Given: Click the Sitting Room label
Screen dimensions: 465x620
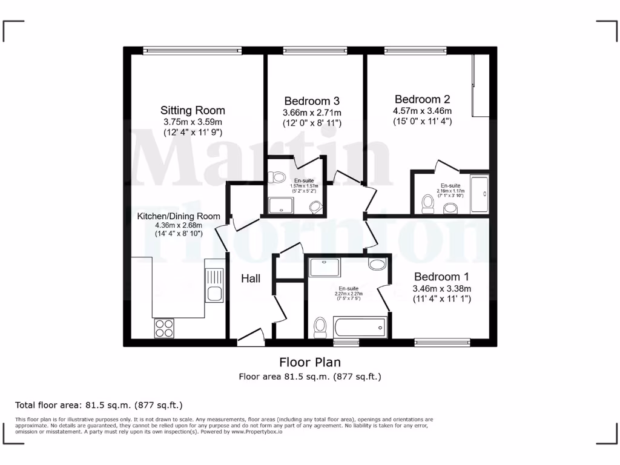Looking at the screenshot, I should (193, 110).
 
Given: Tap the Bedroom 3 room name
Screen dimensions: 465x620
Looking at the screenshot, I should (312, 101).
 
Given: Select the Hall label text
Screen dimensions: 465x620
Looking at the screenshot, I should (251, 279).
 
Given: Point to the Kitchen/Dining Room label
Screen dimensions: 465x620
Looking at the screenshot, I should (178, 216).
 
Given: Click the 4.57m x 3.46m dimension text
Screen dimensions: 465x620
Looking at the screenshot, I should (422, 111).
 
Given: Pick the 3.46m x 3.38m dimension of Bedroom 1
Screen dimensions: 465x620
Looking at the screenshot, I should (441, 288).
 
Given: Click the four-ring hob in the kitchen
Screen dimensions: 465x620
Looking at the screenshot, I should (163, 328).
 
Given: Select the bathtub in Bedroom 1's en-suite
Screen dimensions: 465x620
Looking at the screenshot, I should (360, 328).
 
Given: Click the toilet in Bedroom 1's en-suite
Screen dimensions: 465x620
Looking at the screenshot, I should (320, 328).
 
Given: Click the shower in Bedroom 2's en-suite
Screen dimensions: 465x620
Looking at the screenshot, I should (480, 194).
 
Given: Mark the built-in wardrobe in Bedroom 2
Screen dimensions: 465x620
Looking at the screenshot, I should (481, 85).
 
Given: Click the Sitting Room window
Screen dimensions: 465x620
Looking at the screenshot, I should (193, 51).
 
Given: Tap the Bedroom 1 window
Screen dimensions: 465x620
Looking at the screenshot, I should (442, 343).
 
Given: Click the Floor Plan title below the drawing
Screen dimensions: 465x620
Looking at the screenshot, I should (309, 362).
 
